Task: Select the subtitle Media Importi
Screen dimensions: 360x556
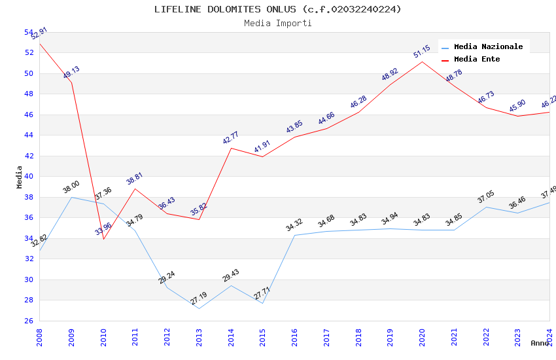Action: pos(278,23)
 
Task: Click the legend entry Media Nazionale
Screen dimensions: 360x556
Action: pos(488,46)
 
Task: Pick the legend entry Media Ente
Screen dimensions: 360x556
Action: pos(477,59)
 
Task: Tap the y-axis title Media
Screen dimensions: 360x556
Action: pos(20,177)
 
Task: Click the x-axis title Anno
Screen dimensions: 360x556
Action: pos(540,343)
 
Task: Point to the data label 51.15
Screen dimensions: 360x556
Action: pos(422,52)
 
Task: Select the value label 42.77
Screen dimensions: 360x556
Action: pos(231,137)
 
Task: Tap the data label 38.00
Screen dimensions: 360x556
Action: pos(71,187)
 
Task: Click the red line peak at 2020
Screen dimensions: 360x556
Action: pos(422,62)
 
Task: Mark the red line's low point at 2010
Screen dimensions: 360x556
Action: pos(103,239)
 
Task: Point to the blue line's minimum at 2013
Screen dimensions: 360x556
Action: pos(199,308)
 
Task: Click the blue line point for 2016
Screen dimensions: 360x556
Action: pos(294,235)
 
